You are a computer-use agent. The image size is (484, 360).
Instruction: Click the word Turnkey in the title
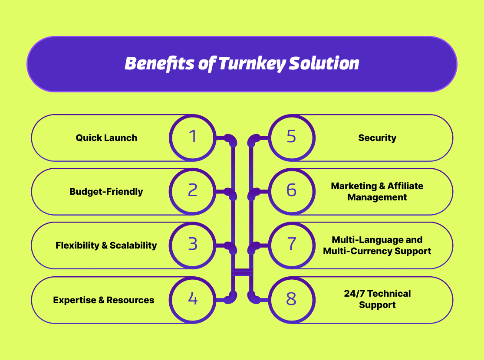pos(251,64)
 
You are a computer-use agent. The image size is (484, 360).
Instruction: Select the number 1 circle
pos(192,137)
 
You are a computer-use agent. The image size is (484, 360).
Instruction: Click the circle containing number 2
pos(192,191)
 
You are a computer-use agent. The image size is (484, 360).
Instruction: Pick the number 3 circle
pos(192,245)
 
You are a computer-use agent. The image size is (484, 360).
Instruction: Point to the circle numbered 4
pos(192,299)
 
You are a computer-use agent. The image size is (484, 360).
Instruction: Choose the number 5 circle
pos(292,137)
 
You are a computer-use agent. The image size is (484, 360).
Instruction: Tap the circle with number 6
pos(292,191)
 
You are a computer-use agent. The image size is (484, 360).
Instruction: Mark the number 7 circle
pos(292,245)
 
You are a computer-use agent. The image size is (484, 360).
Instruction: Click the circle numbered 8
pos(292,299)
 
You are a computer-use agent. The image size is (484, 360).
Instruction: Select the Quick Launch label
pos(106,138)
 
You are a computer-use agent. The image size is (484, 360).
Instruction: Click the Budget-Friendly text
pos(106,191)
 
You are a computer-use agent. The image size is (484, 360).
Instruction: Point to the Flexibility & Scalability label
pos(106,245)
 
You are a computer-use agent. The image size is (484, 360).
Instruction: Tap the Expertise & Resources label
pos(103,300)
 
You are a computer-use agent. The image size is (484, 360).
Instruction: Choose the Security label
pos(377,138)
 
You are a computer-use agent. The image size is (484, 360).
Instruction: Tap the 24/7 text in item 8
pos(354,294)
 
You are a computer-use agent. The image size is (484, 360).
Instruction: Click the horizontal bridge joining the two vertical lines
pos(242,272)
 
